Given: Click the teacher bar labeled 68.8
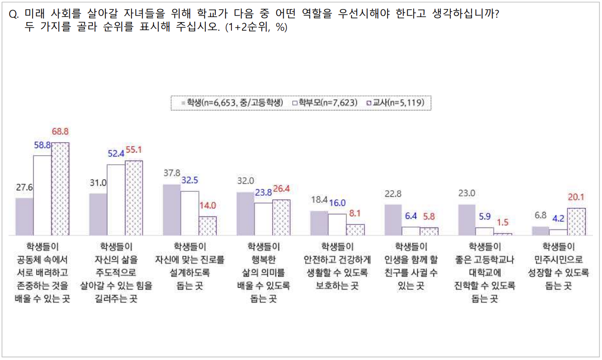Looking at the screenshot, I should pos(60,189).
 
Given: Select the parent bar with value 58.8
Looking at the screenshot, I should pos(42,195).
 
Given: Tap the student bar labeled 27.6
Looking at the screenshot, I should pos(24,216).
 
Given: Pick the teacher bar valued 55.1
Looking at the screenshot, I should pos(134,198).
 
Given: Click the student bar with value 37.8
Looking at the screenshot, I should pos(172,210).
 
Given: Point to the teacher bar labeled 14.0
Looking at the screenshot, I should pos(207,225).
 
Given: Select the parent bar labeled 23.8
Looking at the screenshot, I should pos(263,219).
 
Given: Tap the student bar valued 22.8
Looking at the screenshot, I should pos(393,220).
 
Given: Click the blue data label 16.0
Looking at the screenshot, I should pos(337,202).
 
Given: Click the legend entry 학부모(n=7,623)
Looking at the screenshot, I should pos(324,102).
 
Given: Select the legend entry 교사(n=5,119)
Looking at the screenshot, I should pos(396,102).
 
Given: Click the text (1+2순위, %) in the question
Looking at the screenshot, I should pos(256,28).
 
